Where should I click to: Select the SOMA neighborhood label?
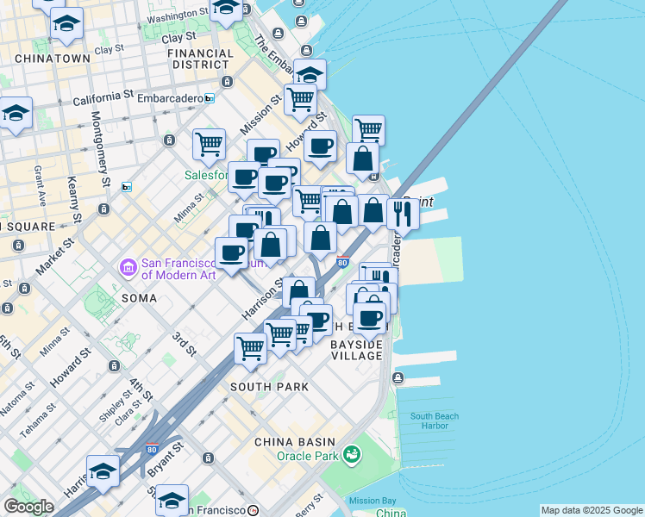point(139,298)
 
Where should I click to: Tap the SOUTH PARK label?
point(269,387)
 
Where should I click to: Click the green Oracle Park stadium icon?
point(351,453)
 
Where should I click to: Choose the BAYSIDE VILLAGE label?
point(356,350)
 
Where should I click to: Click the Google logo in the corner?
point(28,507)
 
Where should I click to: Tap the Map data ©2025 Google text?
point(592,510)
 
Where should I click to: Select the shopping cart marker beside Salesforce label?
point(209,146)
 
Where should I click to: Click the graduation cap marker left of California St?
point(16,114)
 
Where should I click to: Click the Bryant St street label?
point(166,462)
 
